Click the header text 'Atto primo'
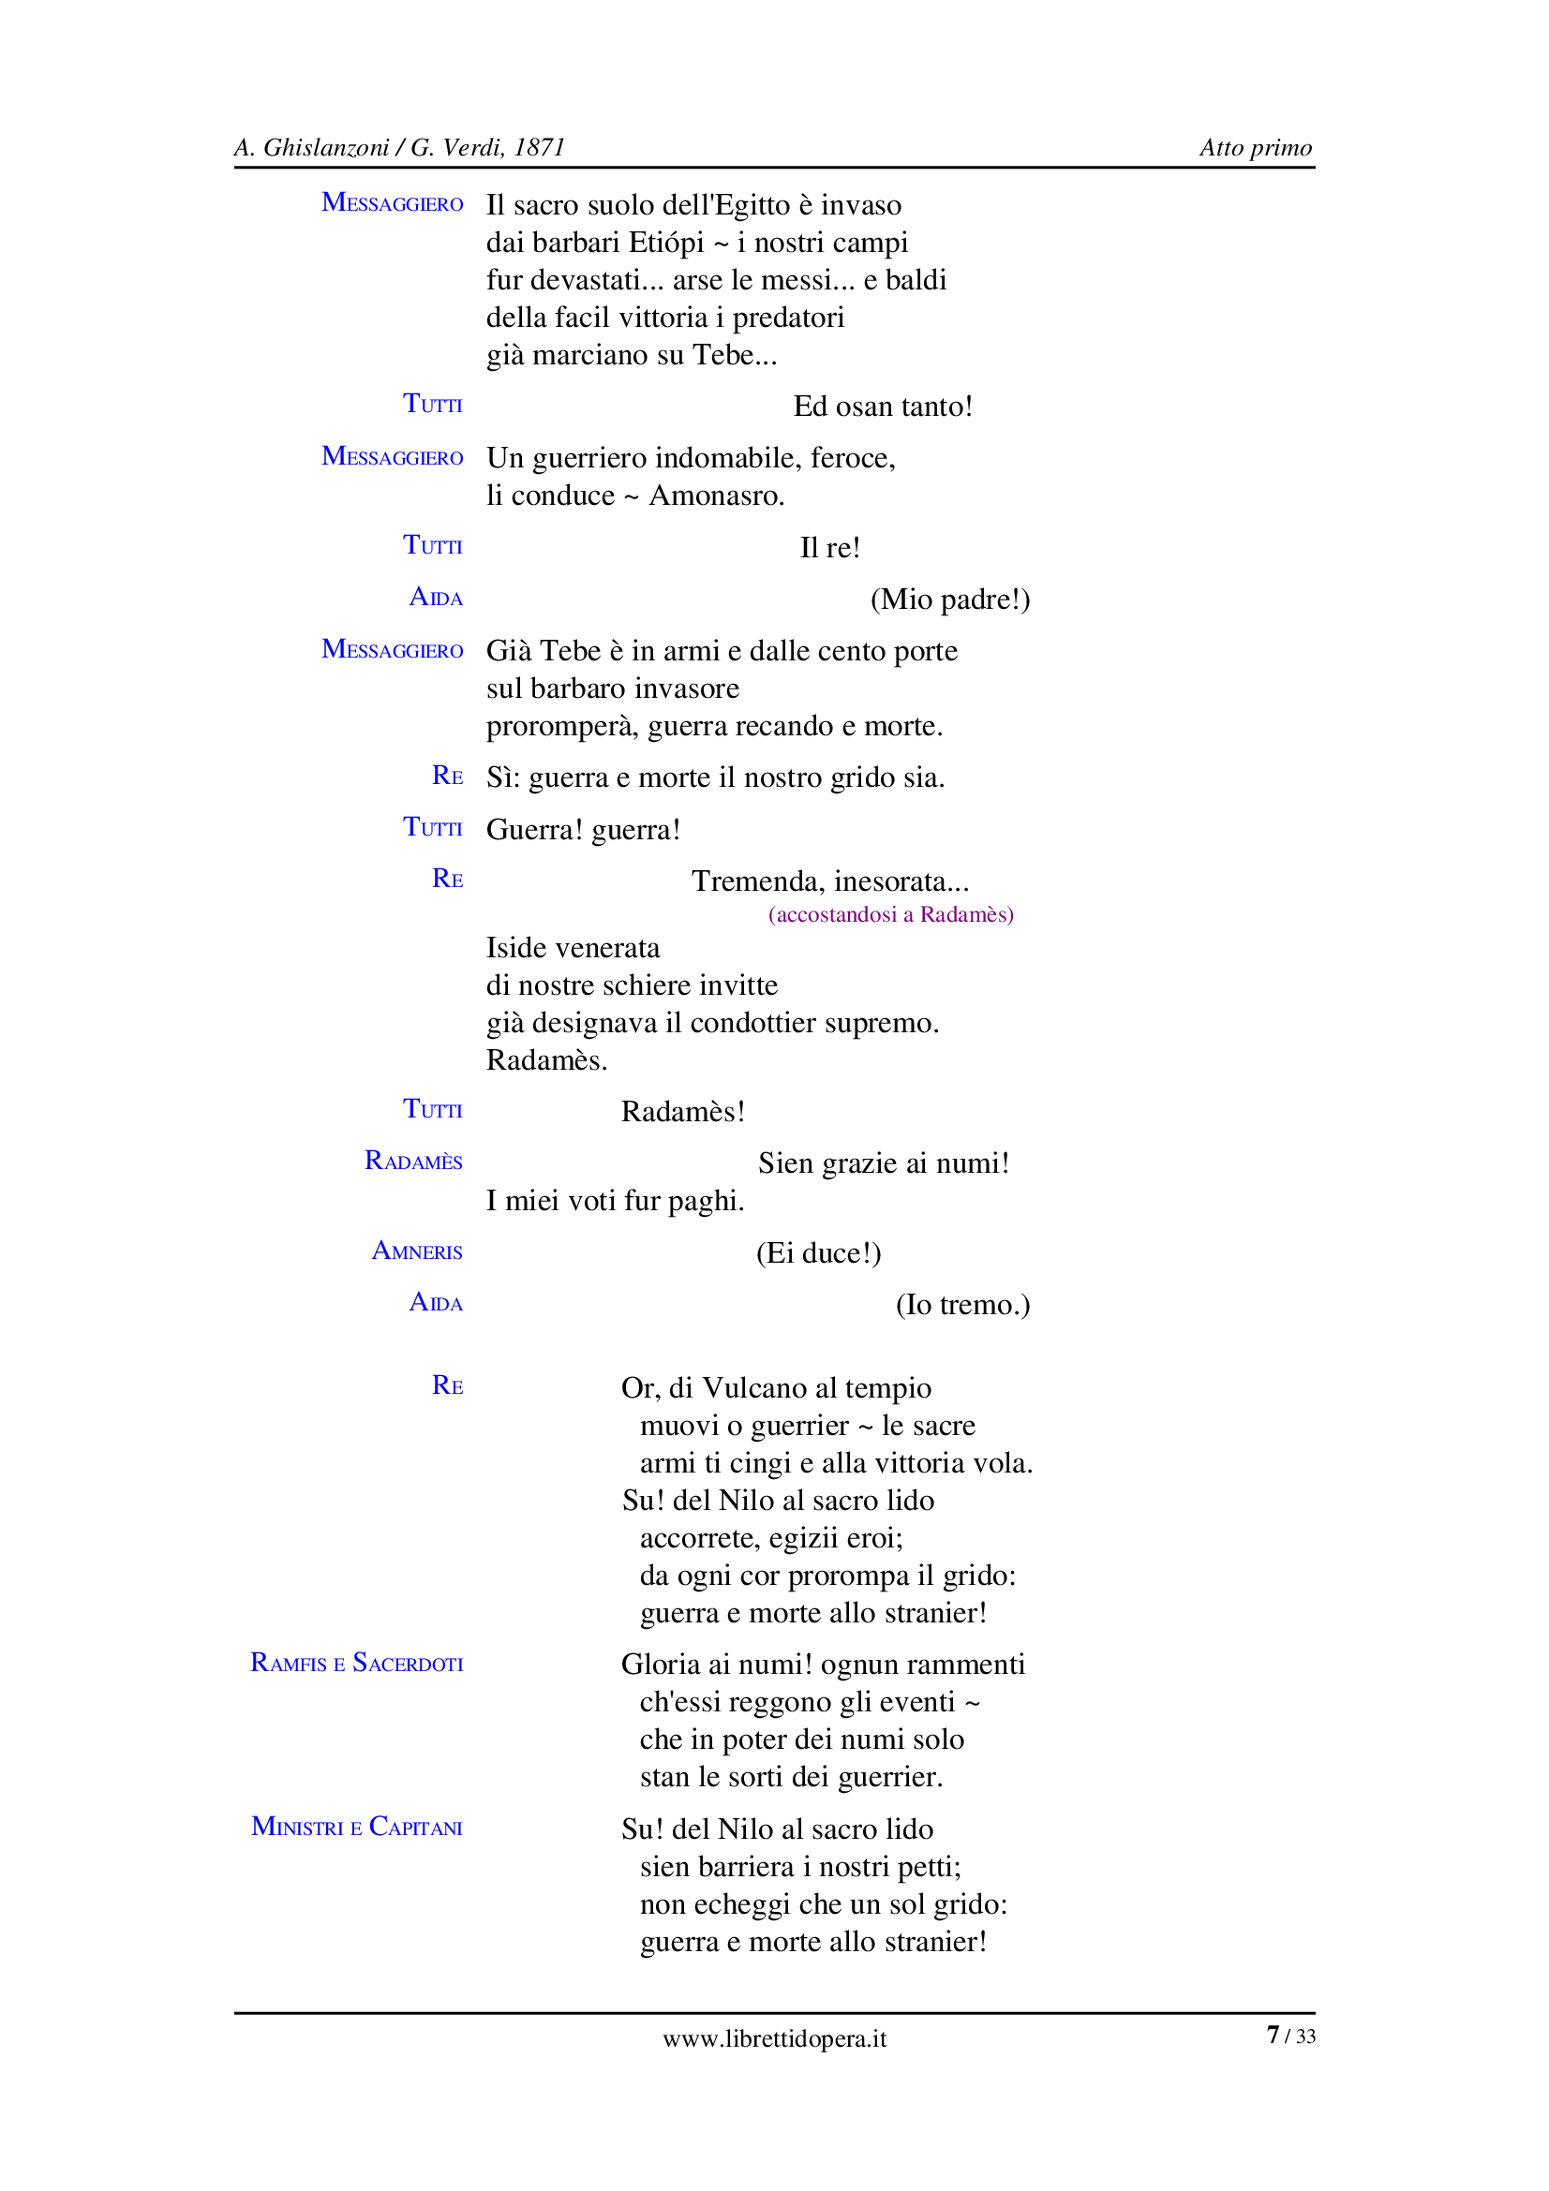click(1255, 148)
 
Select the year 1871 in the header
click(539, 148)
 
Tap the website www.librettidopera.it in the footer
click(774, 2039)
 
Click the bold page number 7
click(1273, 2036)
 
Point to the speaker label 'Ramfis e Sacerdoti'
click(356, 1664)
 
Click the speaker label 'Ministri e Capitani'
click(356, 1827)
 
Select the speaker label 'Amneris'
click(417, 1251)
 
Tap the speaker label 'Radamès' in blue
click(413, 1162)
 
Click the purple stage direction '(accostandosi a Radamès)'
click(890, 914)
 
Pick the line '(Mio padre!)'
click(949, 600)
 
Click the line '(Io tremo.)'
click(962, 1305)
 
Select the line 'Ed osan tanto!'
click(883, 407)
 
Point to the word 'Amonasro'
click(715, 496)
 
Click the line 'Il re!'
click(829, 548)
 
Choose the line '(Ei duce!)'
click(818, 1253)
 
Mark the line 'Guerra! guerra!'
click(583, 829)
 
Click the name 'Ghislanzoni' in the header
click(325, 148)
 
